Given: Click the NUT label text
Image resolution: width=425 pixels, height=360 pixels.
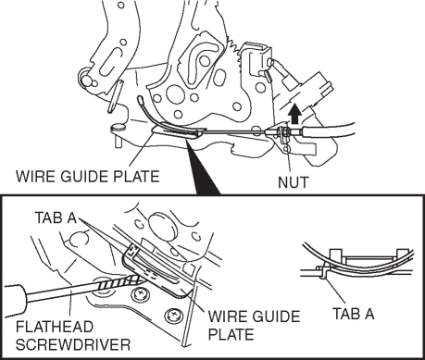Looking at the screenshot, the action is [x=293, y=182].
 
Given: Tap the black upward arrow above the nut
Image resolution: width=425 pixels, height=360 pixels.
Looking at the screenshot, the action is [x=295, y=113].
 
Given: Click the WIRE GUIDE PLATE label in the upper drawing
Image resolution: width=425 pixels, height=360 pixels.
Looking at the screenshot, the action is [x=88, y=177].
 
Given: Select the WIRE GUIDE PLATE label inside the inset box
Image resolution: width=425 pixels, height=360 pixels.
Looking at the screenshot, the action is [x=254, y=326].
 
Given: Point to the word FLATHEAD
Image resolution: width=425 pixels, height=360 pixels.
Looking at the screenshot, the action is [x=55, y=327].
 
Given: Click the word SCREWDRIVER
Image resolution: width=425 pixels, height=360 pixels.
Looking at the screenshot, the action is [x=73, y=344].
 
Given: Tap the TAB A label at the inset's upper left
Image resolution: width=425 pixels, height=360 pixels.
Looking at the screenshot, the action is [x=56, y=217].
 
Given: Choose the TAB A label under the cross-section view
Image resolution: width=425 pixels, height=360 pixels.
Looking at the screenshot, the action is [x=354, y=314].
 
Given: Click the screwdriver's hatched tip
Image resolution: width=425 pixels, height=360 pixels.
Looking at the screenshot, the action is [x=120, y=282].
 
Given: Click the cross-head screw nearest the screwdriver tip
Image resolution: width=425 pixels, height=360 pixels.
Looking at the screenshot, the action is [x=140, y=293].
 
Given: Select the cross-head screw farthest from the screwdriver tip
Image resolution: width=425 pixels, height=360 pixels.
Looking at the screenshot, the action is [x=174, y=316].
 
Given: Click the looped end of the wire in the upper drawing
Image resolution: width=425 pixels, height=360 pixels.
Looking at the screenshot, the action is [x=141, y=100].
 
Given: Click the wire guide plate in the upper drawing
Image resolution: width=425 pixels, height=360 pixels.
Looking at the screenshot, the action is [x=179, y=131].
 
